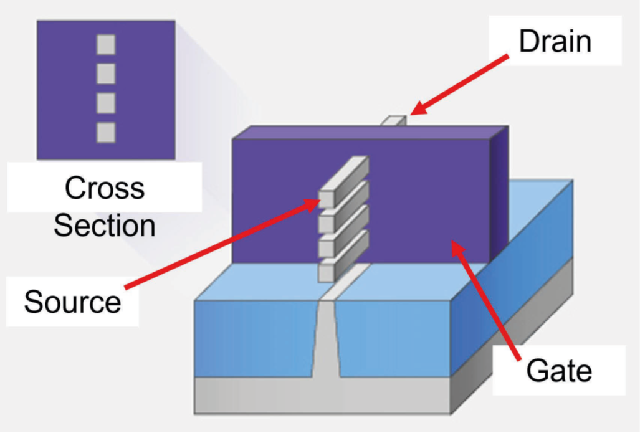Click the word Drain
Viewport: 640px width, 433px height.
point(555,41)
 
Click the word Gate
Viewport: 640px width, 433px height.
point(559,371)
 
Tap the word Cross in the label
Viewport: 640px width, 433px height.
point(105,188)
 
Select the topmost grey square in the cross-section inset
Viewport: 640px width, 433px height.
point(106,44)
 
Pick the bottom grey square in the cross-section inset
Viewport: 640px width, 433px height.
point(106,132)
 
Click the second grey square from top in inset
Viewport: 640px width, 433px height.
point(106,73)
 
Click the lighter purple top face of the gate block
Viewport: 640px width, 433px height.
point(374,132)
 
